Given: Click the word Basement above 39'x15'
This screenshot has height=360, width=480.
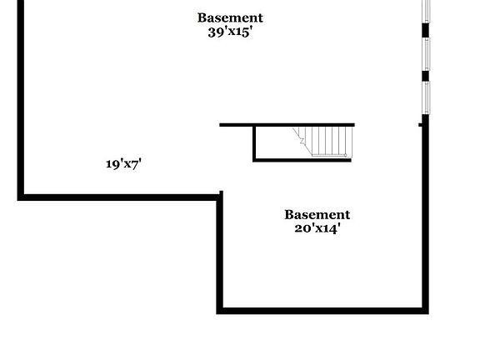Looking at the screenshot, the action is point(230,17).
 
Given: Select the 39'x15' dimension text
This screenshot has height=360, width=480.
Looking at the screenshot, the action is point(230,32).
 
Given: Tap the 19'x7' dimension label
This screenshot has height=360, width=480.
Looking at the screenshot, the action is point(123,164).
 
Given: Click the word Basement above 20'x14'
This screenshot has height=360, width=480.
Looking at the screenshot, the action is point(317,215).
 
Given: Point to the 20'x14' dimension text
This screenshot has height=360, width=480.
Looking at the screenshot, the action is point(317,228).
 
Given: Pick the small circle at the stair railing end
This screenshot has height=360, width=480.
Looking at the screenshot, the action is point(346,156).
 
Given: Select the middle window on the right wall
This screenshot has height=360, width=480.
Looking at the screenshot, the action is point(426,54).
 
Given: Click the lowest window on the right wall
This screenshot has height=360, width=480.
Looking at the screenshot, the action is point(426,97).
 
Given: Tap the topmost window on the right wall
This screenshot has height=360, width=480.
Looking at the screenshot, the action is point(426,11).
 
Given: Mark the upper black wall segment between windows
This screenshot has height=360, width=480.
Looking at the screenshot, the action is point(426,30).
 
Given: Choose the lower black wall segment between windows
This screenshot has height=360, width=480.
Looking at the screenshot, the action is point(426,76).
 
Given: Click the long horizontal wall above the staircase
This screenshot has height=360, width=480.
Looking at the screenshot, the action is point(287,125).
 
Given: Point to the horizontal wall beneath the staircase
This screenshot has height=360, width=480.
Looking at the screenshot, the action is point(302,160).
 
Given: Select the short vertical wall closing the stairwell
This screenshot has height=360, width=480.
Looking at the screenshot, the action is point(254,143).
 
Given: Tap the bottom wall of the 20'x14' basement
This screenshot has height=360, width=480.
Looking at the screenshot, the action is point(322,311).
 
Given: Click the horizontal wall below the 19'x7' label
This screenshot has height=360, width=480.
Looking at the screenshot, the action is point(120,197).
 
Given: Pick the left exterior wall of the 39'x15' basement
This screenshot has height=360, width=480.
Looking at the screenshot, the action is point(21,100).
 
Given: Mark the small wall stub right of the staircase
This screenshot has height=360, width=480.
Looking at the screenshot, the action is point(421,125).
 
